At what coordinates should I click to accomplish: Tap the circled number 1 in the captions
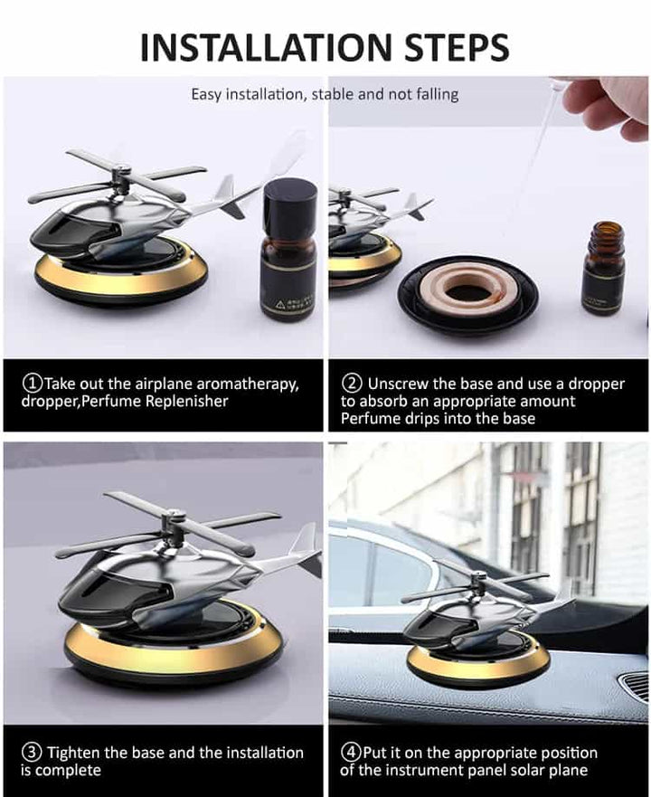tap(33, 383)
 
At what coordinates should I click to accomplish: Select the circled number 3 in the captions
tap(32, 752)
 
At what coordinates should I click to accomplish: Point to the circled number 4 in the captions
tap(351, 752)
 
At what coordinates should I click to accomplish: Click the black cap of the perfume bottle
tap(289, 204)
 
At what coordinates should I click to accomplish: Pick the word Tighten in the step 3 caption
tap(72, 753)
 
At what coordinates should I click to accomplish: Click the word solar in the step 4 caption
tap(529, 770)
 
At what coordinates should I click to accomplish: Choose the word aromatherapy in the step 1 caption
tap(248, 384)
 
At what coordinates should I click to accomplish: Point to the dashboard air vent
tap(635, 687)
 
